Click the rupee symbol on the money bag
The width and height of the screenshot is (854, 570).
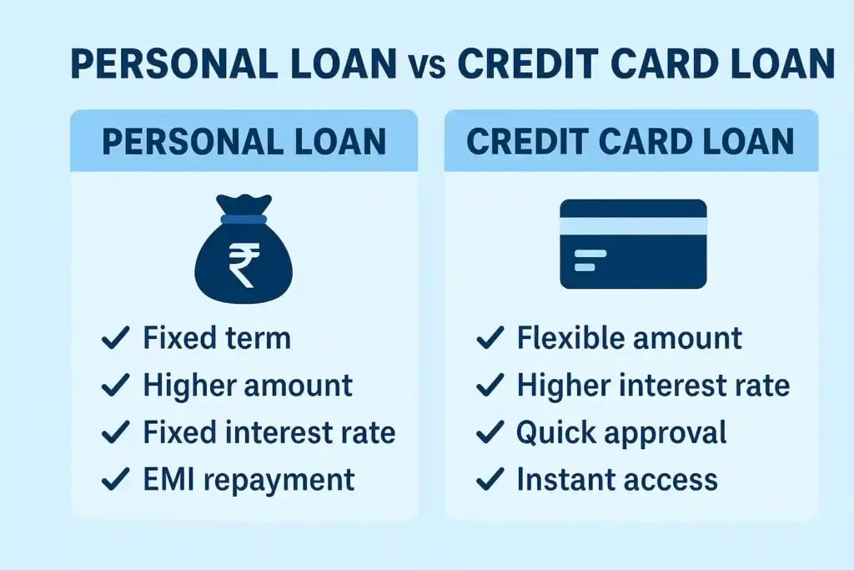click(x=243, y=264)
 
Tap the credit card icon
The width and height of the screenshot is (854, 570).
click(x=633, y=244)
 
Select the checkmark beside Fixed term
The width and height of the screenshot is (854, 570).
click(x=115, y=338)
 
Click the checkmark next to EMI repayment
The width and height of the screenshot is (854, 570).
click(x=115, y=480)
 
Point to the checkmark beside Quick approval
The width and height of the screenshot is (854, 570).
click(x=490, y=432)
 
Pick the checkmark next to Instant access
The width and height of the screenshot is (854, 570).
click(x=490, y=480)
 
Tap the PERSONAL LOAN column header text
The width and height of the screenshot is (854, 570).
click(x=244, y=141)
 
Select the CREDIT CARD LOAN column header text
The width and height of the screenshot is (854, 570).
click(x=630, y=141)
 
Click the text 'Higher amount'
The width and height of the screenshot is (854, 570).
click(x=248, y=386)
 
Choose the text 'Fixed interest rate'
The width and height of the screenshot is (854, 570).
click(x=269, y=432)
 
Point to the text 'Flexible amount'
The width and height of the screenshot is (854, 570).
click(x=629, y=338)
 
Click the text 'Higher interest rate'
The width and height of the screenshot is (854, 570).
click(x=653, y=386)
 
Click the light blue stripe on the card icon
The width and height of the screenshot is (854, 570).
click(x=633, y=226)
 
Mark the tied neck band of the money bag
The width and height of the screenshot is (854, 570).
click(x=244, y=219)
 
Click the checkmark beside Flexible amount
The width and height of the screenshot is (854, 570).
click(x=490, y=338)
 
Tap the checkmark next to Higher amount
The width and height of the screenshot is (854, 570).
click(x=115, y=386)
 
